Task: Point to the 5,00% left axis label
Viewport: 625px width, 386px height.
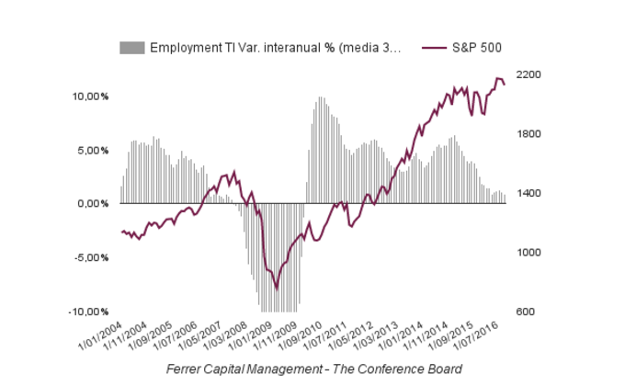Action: point(93,150)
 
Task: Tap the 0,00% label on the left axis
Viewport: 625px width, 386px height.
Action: point(93,204)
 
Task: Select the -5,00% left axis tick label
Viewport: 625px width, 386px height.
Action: point(91,257)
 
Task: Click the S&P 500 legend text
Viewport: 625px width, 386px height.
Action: point(475,48)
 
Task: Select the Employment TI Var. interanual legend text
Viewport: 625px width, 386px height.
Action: point(275,48)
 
